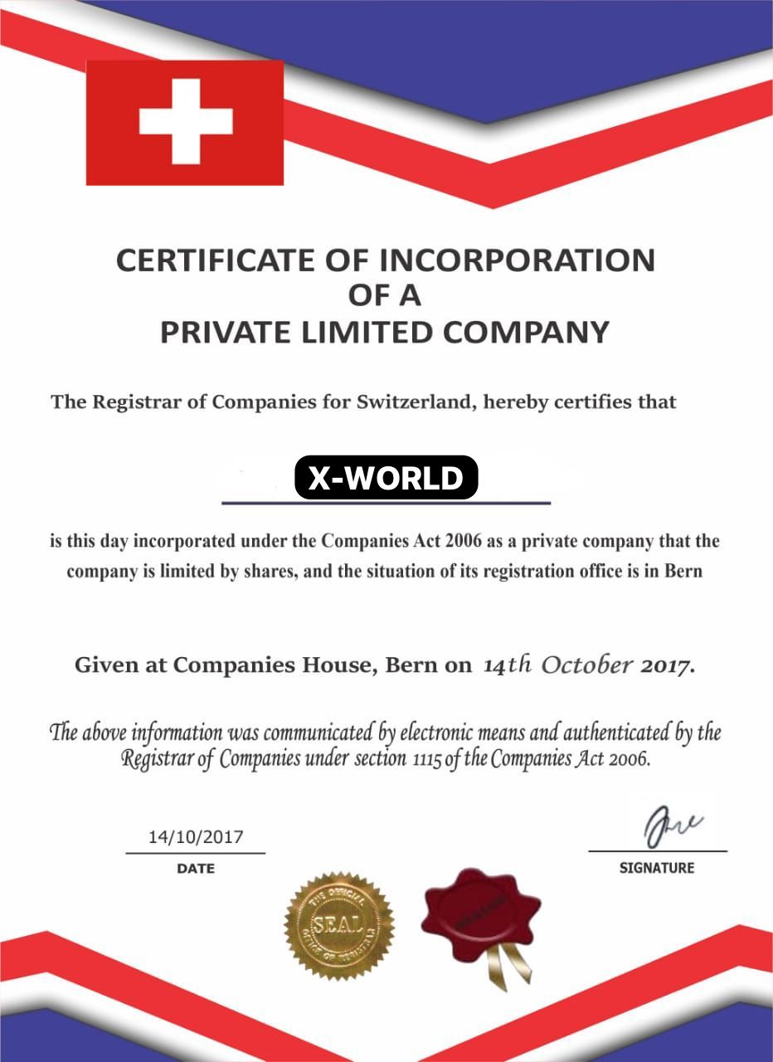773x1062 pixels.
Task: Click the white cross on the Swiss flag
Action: point(185,122)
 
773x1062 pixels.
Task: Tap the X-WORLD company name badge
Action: point(386,478)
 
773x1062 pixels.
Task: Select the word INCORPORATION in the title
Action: point(518,261)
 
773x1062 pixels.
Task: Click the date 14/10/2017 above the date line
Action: point(196,836)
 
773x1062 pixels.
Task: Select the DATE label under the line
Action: point(196,869)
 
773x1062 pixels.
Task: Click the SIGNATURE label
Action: point(657,869)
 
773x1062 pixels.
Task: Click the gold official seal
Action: point(339,923)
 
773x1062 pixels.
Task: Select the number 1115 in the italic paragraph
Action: point(425,760)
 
